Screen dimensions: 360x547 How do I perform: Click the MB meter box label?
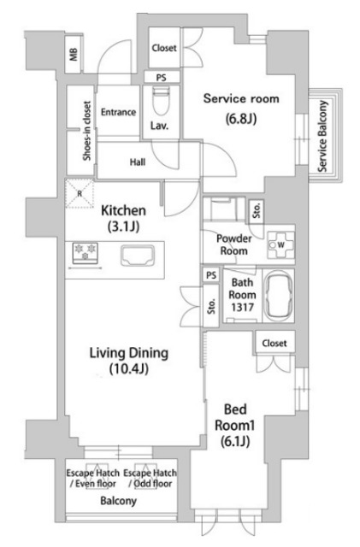click(x=74, y=55)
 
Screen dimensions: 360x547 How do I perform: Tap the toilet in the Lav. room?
click(x=161, y=100)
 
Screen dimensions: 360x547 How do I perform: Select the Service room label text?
click(x=241, y=99)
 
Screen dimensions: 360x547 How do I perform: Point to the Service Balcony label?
click(x=322, y=136)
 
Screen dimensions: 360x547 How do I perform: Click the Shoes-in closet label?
click(x=86, y=131)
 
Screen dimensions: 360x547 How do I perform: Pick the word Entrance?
click(x=118, y=112)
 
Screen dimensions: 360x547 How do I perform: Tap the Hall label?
click(x=138, y=162)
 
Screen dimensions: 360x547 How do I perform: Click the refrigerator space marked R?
click(x=80, y=194)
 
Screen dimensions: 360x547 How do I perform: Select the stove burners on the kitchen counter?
click(x=86, y=254)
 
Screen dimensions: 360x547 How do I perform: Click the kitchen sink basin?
click(x=138, y=256)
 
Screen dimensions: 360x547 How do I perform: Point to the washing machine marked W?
click(x=280, y=245)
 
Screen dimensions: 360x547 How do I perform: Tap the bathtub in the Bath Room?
click(x=278, y=296)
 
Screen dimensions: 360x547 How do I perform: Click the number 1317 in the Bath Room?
click(x=242, y=308)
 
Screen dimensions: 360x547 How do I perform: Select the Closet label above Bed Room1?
click(x=274, y=344)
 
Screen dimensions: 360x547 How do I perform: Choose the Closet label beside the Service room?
click(x=164, y=48)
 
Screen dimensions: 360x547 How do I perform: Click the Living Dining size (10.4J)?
click(x=129, y=368)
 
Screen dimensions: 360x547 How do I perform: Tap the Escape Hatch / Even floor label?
click(x=93, y=479)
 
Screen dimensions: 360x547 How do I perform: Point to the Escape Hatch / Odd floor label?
click(x=150, y=479)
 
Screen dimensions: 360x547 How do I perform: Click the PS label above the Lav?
click(x=161, y=78)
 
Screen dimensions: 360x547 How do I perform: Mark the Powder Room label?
click(x=234, y=244)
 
